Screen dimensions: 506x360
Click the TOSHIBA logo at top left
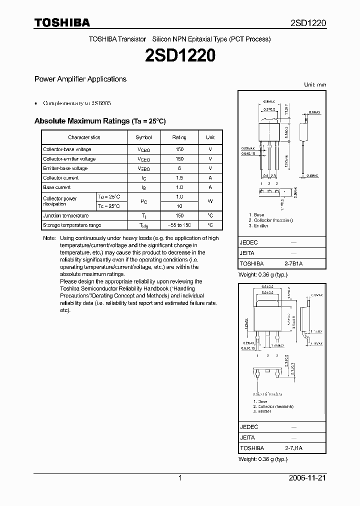pos(62,23)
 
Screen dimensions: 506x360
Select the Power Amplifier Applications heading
pos(80,79)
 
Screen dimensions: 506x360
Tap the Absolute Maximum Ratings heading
pos(99,121)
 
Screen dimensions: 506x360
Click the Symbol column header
pos(143,137)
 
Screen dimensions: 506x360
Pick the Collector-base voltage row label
pos(67,149)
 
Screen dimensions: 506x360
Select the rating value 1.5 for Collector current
pos(179,178)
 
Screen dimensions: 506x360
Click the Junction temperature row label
pos(65,215)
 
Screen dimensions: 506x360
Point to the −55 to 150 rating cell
pos(179,225)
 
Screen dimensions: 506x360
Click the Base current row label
pos(57,187)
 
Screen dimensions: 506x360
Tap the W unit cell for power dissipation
pos(210,201)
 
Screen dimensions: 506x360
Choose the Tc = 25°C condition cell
pos(109,206)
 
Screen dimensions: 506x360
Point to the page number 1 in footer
pos(180,478)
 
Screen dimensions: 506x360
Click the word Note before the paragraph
pos(49,238)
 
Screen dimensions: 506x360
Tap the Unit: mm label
pos(315,85)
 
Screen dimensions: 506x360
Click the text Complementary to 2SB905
pos(77,103)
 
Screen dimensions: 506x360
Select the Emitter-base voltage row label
pos(65,168)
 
